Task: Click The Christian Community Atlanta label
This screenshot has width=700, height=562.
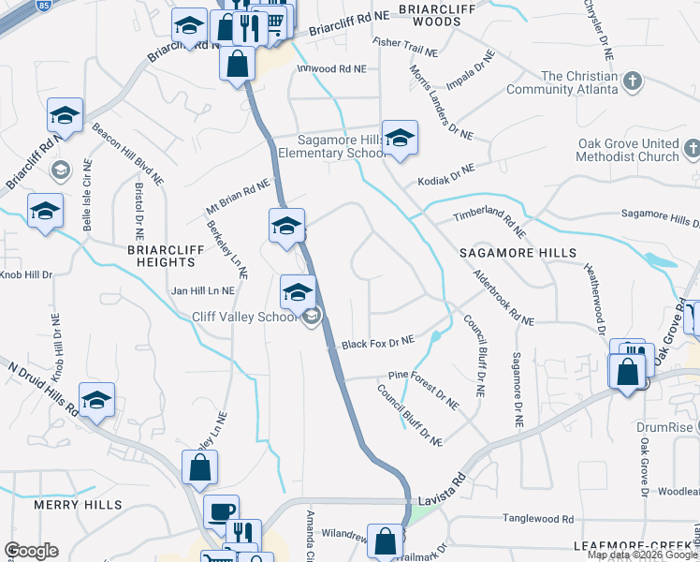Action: [x=561, y=83]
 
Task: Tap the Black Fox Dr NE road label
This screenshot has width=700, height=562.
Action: [x=378, y=345]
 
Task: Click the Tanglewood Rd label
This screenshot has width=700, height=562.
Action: [x=537, y=518]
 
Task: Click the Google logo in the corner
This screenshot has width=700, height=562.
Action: [x=31, y=550]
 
